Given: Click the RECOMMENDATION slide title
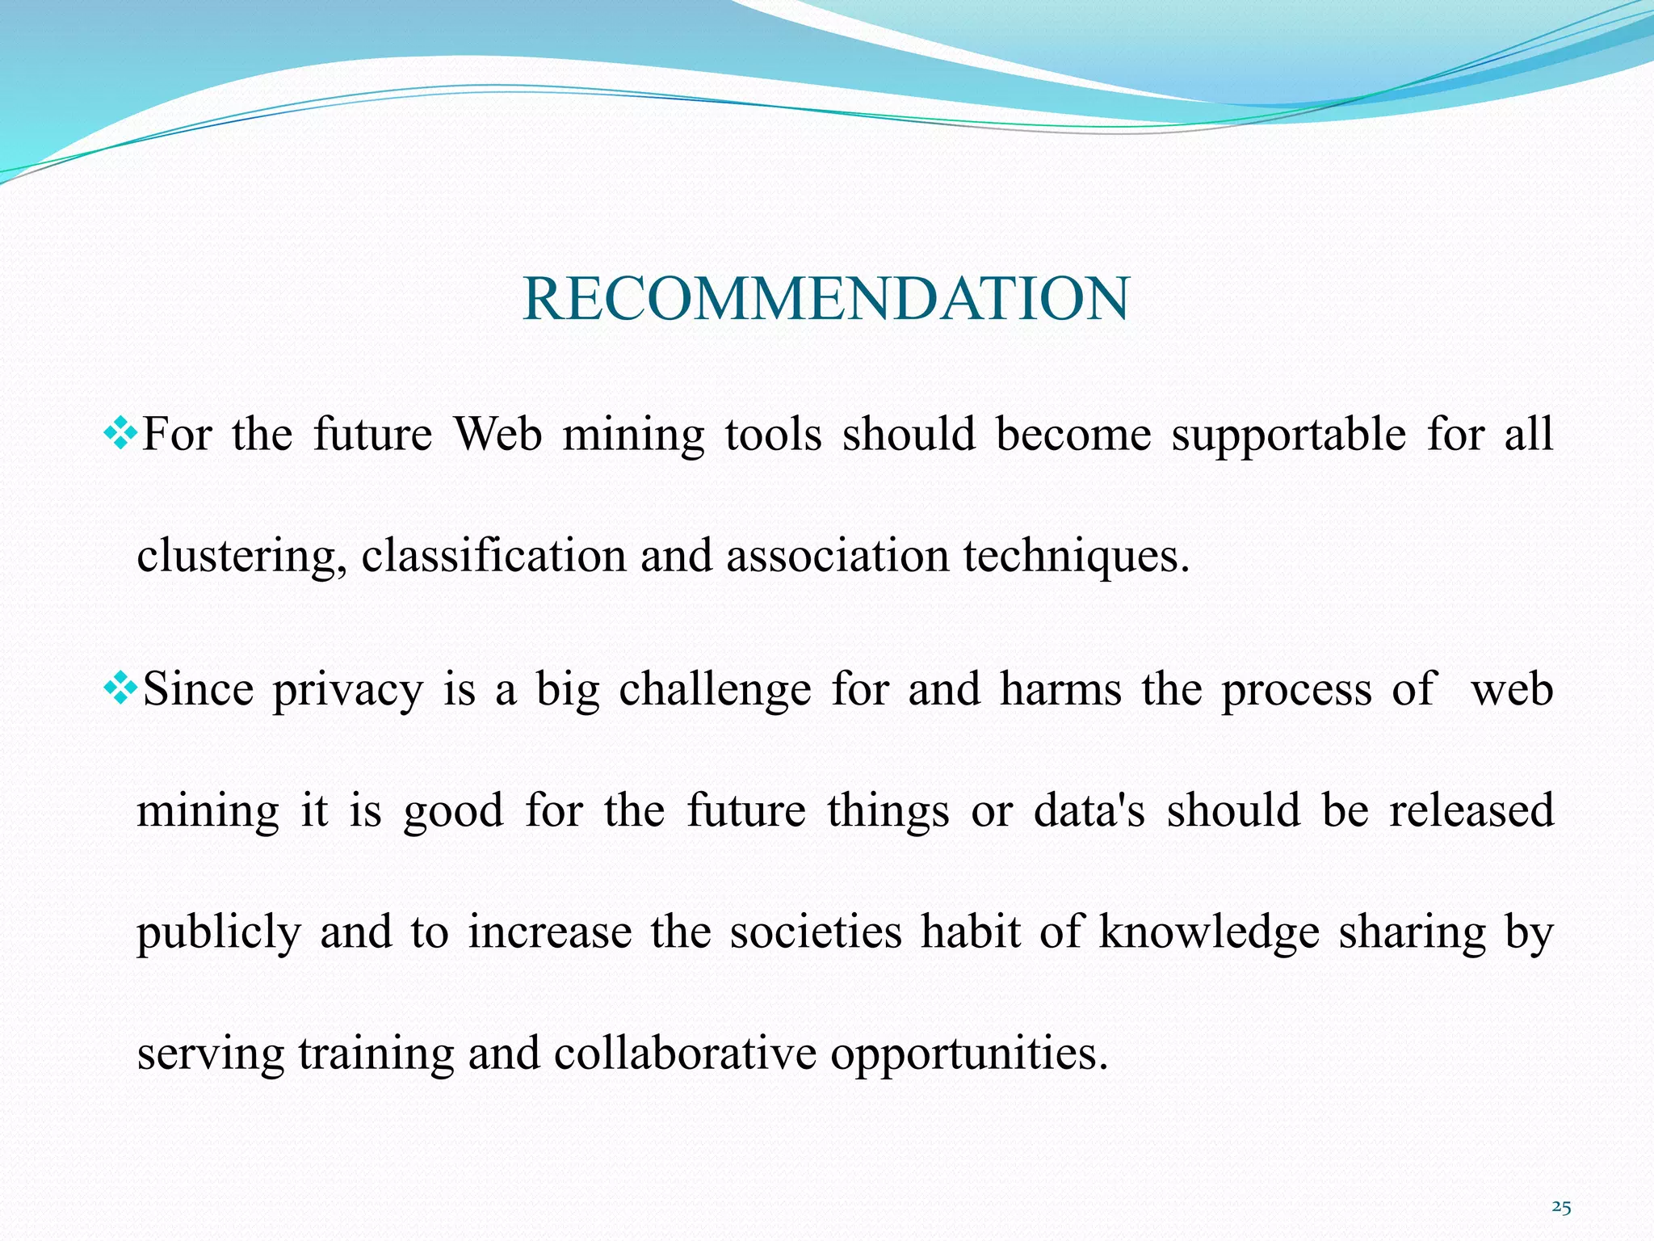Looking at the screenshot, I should point(825,299).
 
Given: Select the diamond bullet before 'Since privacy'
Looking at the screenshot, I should point(120,690).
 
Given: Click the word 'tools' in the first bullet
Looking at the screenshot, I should point(773,435).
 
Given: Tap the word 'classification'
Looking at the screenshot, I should point(493,557).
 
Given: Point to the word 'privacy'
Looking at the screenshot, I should point(347,692).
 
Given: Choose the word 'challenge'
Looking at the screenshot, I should point(715,692).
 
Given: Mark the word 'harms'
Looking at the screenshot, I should point(1060,690).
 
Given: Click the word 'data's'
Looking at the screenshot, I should point(1089,811).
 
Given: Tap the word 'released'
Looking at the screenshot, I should point(1471,811).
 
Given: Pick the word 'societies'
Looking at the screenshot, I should point(816,932).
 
